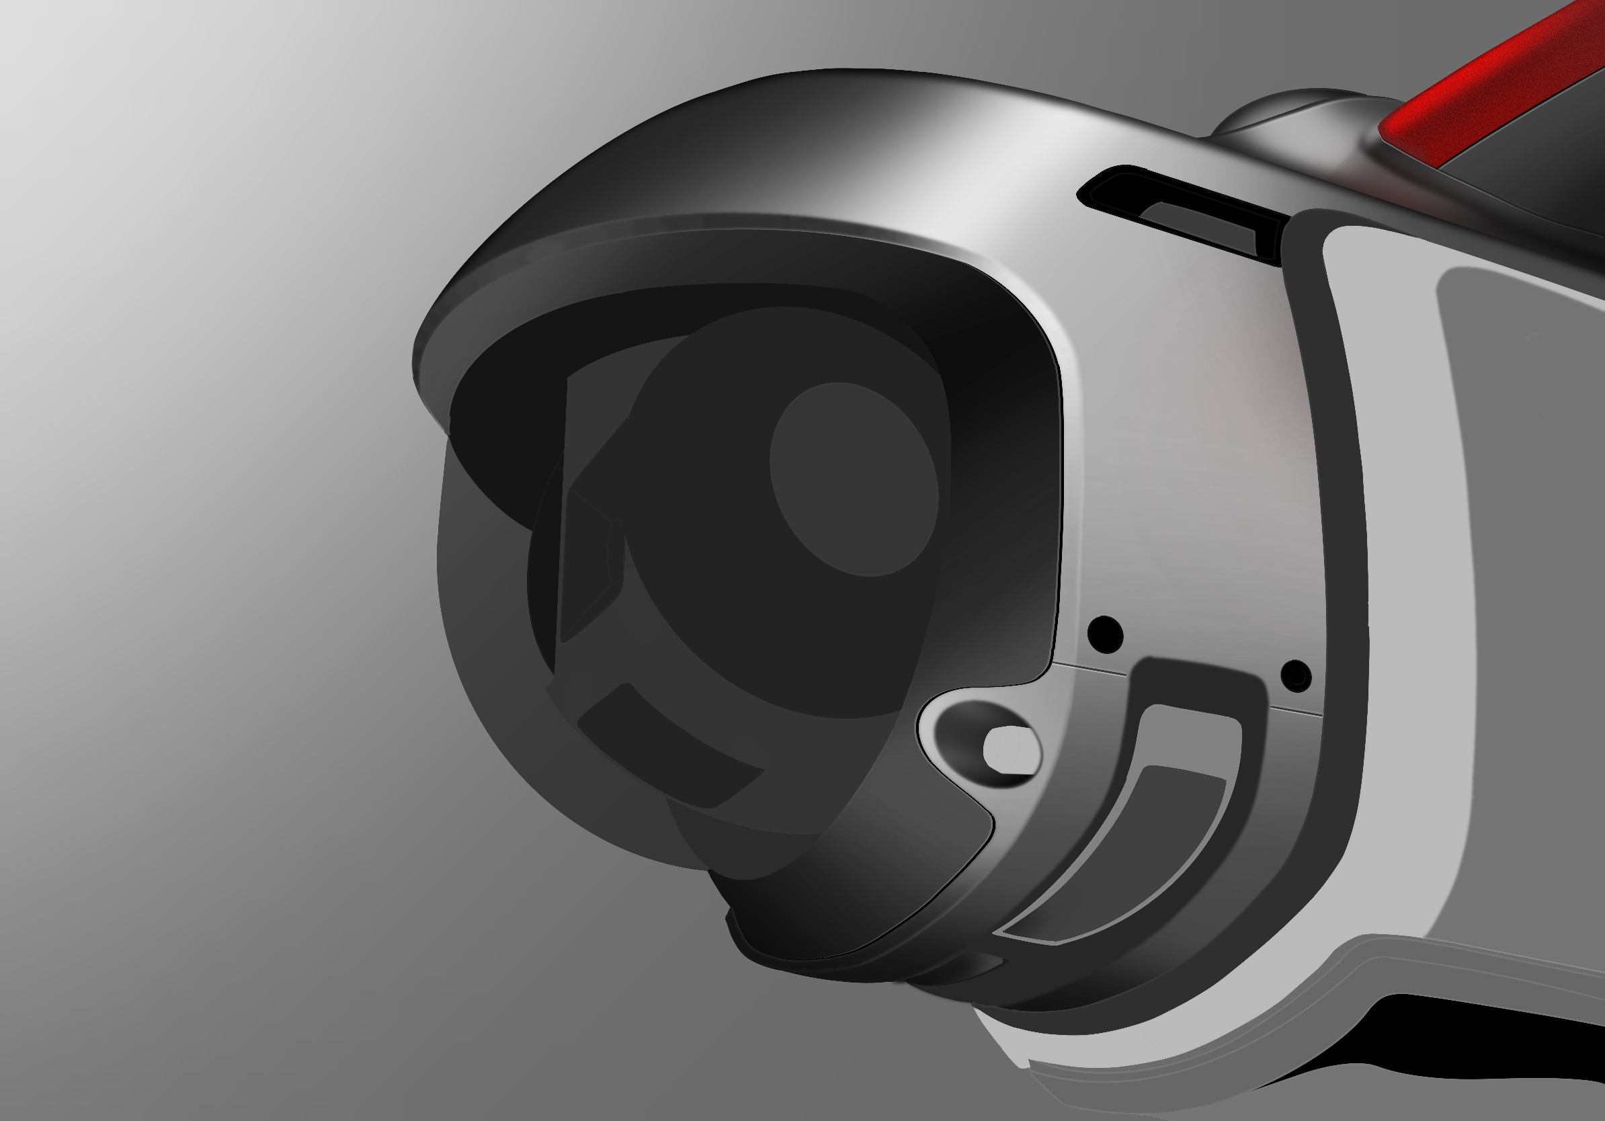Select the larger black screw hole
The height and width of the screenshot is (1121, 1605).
click(1105, 634)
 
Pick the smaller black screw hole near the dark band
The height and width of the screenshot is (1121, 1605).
click(1296, 676)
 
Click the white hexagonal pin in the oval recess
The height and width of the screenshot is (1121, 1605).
click(1011, 750)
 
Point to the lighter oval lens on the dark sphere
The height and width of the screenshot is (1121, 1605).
click(854, 479)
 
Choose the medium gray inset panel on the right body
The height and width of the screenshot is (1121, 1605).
click(1524, 559)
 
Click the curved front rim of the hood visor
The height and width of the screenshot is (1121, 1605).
click(629, 251)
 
